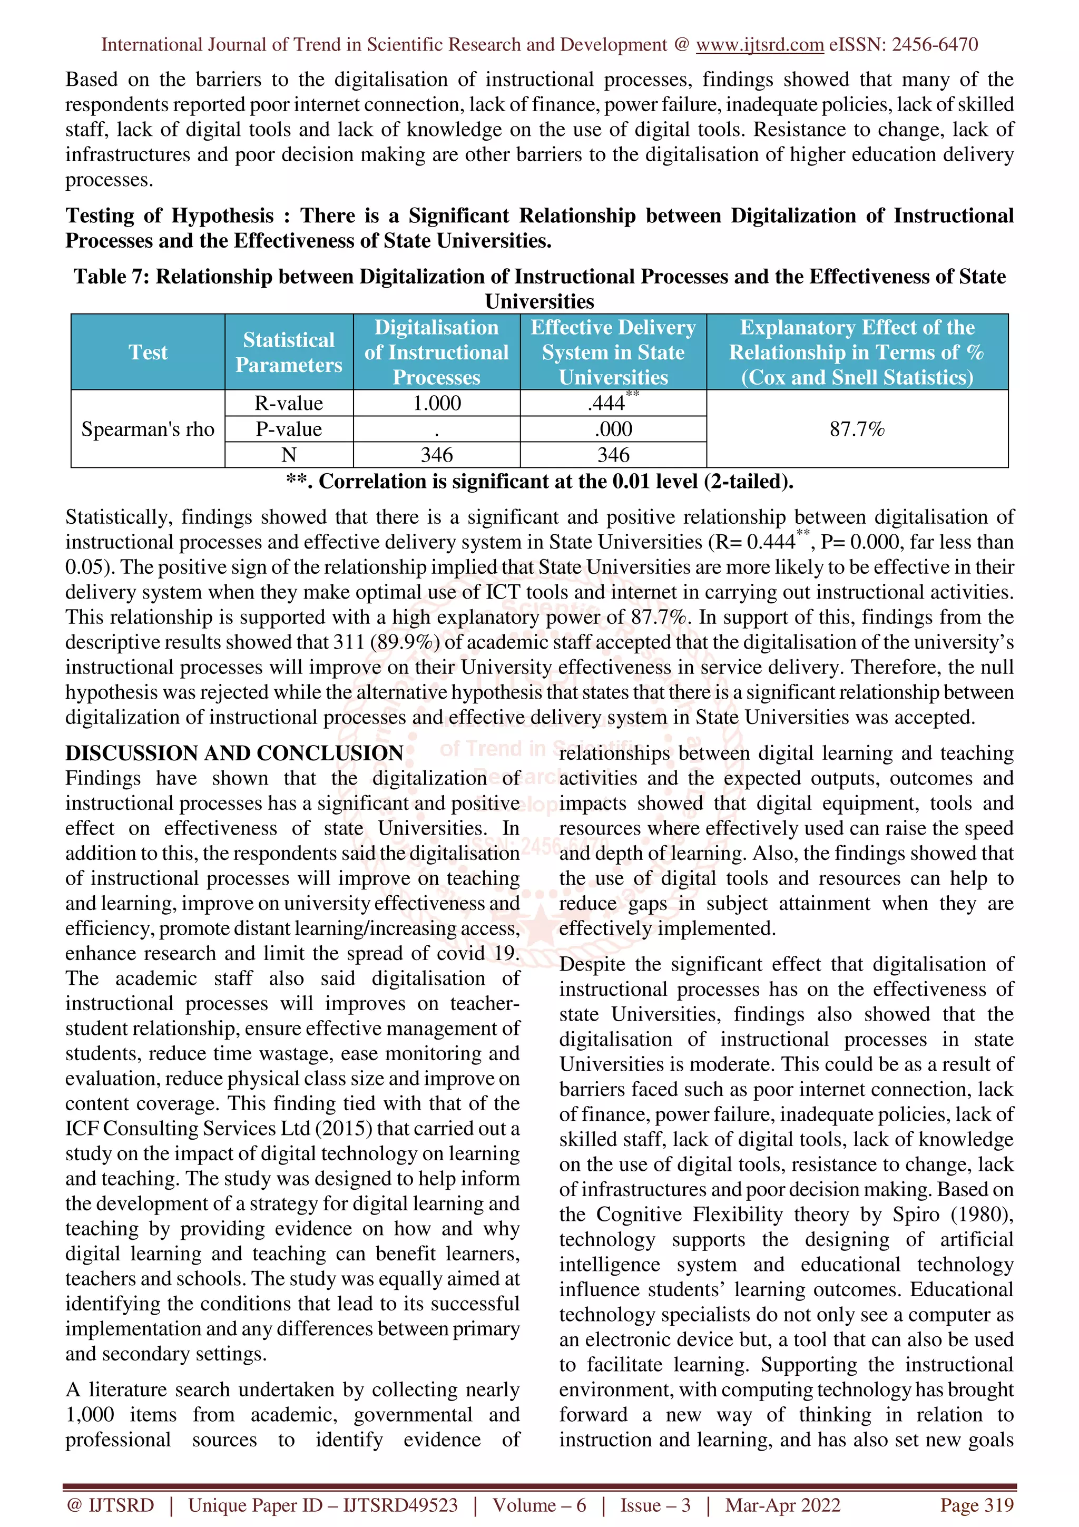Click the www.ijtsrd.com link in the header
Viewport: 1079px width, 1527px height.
[x=759, y=45]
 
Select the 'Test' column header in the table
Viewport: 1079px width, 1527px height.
[x=148, y=352]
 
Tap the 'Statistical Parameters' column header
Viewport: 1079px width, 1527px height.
[x=289, y=352]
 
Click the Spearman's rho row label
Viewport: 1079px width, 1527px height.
[x=148, y=429]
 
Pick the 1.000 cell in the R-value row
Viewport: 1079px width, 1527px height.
[x=436, y=403]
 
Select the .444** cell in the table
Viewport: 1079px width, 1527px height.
[x=612, y=403]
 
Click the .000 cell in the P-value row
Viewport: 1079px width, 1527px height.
[x=613, y=429]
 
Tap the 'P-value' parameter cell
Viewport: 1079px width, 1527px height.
[x=289, y=429]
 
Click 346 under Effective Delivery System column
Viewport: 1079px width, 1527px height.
[x=613, y=455]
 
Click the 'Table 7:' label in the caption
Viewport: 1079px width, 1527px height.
[x=112, y=277]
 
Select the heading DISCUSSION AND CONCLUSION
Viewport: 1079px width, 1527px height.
[x=234, y=753]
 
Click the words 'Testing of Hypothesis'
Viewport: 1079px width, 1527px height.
[x=169, y=216]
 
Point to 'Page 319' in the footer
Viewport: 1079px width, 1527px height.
[x=976, y=1505]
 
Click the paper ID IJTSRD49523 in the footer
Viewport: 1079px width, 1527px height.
[x=400, y=1505]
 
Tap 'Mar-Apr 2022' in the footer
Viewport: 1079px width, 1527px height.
[x=782, y=1505]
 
